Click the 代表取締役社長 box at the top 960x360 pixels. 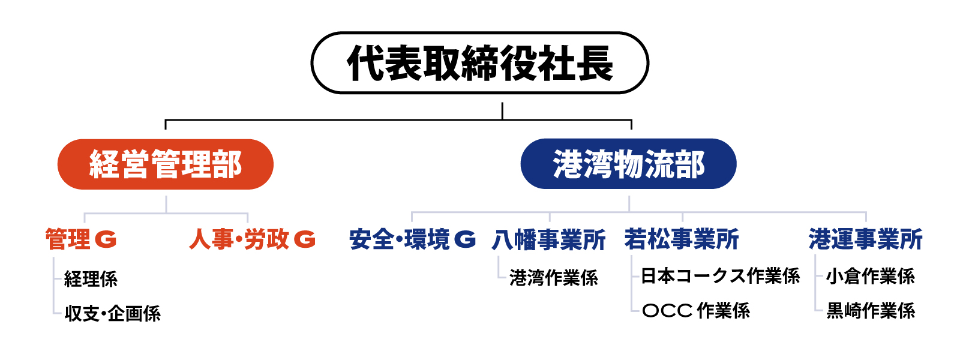(x=479, y=62)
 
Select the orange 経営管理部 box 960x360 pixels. (x=166, y=164)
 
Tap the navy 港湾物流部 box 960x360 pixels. (x=628, y=164)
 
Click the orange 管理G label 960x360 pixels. (x=81, y=239)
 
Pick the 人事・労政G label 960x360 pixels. (x=253, y=239)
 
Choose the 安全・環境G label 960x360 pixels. (x=413, y=239)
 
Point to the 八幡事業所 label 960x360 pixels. (x=548, y=239)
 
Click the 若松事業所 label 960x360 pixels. (x=682, y=239)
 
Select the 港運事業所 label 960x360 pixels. (x=866, y=239)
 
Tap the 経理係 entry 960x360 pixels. (x=91, y=279)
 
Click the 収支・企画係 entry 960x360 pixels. (x=113, y=313)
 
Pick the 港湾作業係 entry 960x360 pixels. (x=554, y=278)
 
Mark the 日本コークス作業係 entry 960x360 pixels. (x=720, y=276)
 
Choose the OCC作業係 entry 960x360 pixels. (x=696, y=311)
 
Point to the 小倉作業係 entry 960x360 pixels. (x=871, y=277)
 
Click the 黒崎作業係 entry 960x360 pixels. (x=871, y=311)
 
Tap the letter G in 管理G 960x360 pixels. (x=106, y=239)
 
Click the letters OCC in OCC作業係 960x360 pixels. (x=667, y=311)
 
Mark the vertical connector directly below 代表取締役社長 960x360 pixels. (x=502, y=111)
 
